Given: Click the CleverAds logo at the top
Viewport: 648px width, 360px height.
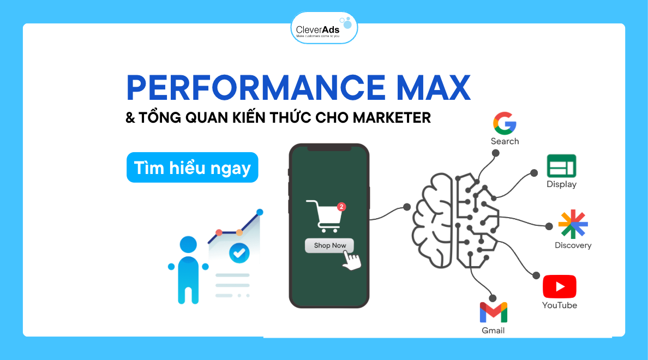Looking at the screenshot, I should tap(324, 28).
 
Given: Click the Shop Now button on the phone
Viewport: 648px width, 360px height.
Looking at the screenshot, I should tap(330, 245).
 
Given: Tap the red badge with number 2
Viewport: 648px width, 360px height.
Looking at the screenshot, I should tap(341, 207).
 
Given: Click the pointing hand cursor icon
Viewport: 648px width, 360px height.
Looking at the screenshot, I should tap(351, 260).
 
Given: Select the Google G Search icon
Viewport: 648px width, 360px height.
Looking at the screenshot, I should tap(505, 123).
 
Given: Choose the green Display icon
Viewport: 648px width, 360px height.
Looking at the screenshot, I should tap(561, 166).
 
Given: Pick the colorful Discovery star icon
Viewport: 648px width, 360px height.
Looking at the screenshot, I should tap(573, 224).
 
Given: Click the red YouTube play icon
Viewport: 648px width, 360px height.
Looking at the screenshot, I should tap(559, 286).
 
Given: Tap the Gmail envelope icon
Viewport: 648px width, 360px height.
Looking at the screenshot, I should tap(493, 313).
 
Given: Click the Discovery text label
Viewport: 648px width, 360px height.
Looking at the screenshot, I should tap(573, 245).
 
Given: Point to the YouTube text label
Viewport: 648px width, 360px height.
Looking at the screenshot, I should tap(559, 305).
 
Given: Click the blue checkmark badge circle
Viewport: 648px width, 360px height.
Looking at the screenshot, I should tap(239, 252).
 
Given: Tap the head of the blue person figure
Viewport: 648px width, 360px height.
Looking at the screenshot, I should tap(188, 245).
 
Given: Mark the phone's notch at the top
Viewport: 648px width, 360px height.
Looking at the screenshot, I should tap(329, 148).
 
